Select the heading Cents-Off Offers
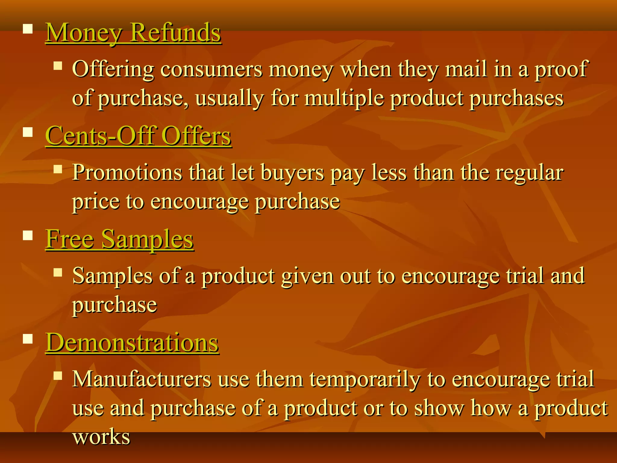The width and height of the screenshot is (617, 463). tap(138, 136)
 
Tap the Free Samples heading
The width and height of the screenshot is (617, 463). tap(119, 239)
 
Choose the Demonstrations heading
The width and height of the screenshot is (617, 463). tap(132, 343)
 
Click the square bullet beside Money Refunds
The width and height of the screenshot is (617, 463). tap(28, 29)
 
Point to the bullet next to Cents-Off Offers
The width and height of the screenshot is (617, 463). tap(28, 132)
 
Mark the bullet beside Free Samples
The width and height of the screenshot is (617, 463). tap(28, 235)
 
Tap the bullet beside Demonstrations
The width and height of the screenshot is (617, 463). tap(28, 339)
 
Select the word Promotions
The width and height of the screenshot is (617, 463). tap(127, 173)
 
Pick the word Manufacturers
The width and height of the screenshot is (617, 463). tap(142, 379)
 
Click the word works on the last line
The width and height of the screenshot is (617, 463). tap(101, 437)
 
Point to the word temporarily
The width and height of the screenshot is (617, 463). tap(365, 380)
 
